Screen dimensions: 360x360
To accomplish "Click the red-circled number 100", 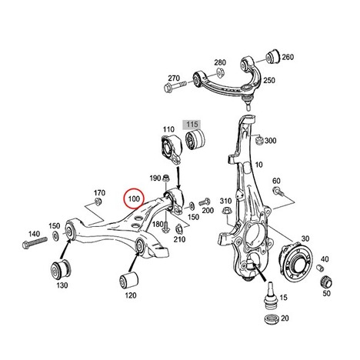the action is [134, 198].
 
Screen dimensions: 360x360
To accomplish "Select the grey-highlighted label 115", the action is [192, 125].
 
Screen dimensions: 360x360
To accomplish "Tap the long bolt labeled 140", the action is [35, 242].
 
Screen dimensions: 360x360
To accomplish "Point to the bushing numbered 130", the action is [60, 270].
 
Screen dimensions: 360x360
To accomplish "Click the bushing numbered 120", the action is [129, 281].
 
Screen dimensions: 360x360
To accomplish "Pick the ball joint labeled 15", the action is [270, 295].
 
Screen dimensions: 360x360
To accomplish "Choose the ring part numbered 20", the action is [272, 318].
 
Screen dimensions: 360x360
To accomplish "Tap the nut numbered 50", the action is [326, 282].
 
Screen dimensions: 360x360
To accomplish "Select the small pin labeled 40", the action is [320, 268].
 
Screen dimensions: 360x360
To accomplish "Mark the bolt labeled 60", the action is [278, 192].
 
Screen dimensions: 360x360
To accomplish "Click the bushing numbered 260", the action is [272, 55].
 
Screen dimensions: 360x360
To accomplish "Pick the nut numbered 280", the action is [221, 72].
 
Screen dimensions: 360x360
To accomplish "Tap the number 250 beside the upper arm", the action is [269, 80].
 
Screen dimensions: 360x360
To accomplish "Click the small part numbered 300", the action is [259, 141].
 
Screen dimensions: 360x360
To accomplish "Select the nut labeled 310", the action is [227, 212].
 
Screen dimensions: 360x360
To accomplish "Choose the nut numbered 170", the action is [98, 202].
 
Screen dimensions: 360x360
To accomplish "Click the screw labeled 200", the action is [205, 202].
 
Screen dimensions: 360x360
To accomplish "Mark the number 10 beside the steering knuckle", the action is [259, 165].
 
